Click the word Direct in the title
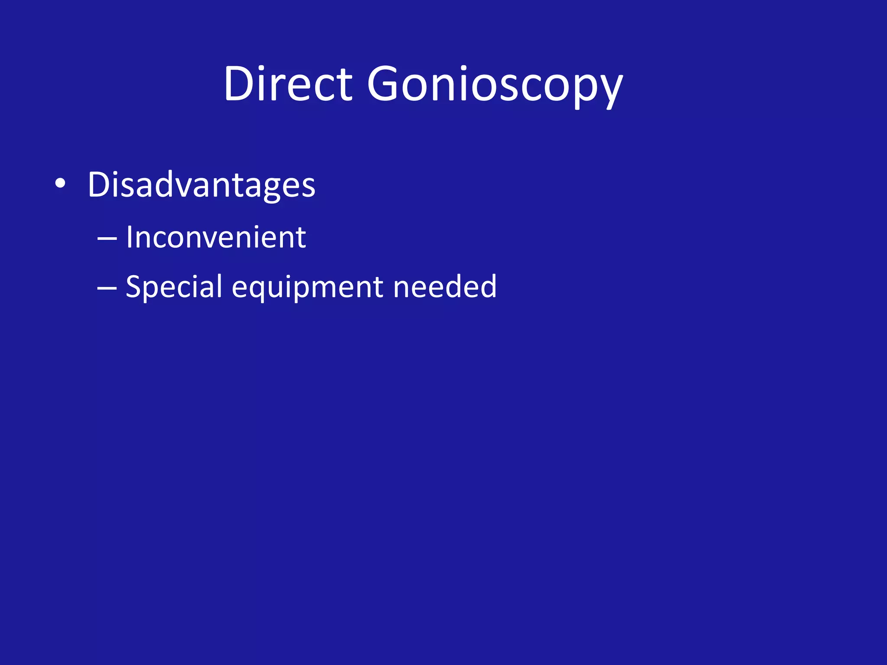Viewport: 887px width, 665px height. point(288,84)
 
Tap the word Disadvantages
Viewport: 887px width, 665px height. point(201,185)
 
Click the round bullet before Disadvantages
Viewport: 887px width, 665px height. point(60,184)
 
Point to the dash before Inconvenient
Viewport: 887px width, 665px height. point(107,239)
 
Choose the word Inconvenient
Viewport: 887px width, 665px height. point(216,238)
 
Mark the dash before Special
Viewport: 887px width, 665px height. point(107,288)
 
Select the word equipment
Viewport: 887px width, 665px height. point(308,287)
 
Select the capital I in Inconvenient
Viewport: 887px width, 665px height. point(129,238)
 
